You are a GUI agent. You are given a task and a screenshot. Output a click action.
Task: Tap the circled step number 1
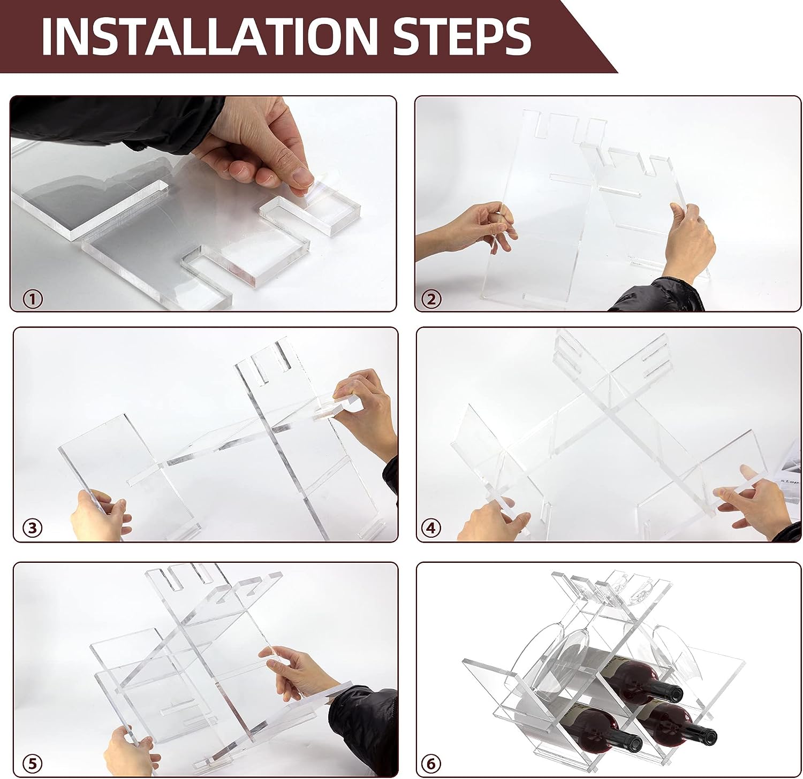[33, 299]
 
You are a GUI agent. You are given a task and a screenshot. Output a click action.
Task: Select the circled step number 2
[432, 299]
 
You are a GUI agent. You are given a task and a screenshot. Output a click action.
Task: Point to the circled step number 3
[33, 528]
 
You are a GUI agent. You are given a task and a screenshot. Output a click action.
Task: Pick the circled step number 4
[431, 528]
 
